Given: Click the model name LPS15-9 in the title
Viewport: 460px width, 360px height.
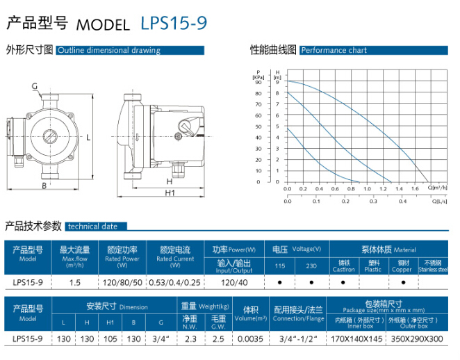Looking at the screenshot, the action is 174,23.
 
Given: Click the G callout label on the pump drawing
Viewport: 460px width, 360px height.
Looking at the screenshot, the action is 35,86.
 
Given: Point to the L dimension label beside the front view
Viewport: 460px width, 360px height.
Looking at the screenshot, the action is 88,138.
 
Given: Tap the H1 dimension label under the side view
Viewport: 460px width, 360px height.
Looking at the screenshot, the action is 170,193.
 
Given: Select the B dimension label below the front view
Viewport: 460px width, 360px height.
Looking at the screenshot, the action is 44,186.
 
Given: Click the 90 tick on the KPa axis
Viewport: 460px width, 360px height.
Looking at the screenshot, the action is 258,82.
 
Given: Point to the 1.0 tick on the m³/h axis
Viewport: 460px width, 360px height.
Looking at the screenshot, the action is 367,189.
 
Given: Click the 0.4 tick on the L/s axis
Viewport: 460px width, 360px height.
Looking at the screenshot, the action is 402,202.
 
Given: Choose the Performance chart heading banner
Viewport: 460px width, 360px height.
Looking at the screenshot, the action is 374,50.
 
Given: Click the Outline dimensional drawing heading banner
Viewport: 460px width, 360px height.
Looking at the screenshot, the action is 130,50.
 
